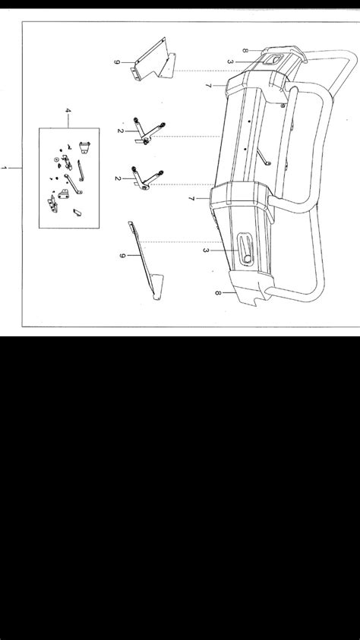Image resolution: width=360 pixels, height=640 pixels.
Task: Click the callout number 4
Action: point(68,111)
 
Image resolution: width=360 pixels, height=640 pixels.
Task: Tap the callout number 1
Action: point(4,168)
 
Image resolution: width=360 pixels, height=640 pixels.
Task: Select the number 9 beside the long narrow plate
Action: point(122,256)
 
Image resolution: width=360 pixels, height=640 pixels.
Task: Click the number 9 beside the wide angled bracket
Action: point(116,62)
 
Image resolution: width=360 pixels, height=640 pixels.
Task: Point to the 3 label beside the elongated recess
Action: point(206,250)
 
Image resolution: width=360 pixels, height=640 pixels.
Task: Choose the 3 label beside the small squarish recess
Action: point(230,62)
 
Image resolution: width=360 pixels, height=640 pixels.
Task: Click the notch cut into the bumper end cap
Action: point(256,302)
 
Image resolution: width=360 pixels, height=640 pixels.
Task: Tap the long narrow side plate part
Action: point(146,261)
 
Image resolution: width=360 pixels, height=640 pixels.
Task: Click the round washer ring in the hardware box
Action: point(56,159)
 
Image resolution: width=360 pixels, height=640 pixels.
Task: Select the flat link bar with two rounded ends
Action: point(73,184)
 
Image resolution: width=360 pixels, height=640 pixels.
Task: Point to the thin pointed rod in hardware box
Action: point(81,171)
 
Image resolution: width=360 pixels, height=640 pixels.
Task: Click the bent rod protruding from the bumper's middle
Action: point(264,158)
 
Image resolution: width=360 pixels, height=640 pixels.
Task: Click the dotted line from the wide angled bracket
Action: point(208,71)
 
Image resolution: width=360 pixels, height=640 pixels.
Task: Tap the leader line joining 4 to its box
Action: point(68,121)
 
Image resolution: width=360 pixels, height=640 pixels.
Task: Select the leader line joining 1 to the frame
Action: point(15,168)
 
